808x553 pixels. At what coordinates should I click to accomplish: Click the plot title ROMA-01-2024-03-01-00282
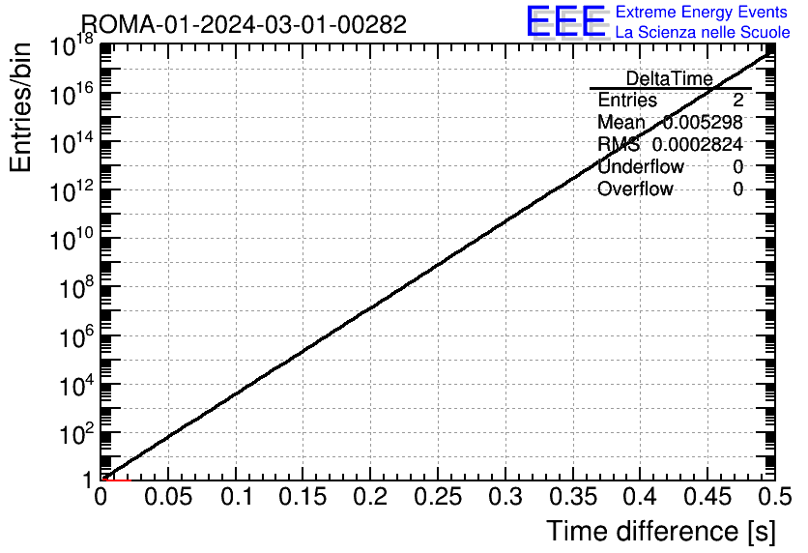pyautogui.click(x=245, y=24)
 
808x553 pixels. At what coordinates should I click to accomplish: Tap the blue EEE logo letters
pyautogui.click(x=566, y=21)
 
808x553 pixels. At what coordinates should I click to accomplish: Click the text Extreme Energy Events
pyautogui.click(x=702, y=12)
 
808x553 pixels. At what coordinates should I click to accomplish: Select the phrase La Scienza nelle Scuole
pyautogui.click(x=703, y=32)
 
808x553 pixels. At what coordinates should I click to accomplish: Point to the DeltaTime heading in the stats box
pyautogui.click(x=670, y=78)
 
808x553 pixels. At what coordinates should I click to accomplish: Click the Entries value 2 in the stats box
pyautogui.click(x=737, y=100)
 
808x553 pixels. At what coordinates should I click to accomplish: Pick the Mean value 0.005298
pyautogui.click(x=703, y=122)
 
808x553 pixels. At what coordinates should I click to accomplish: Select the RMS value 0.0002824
pyautogui.click(x=697, y=144)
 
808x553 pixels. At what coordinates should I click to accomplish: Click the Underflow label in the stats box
pyautogui.click(x=641, y=166)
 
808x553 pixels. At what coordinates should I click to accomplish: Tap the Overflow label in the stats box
pyautogui.click(x=635, y=189)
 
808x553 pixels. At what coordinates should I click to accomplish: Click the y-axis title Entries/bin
pyautogui.click(x=20, y=107)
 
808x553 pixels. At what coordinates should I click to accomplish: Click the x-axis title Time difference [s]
pyautogui.click(x=661, y=532)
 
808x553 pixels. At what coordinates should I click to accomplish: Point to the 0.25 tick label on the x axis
pyautogui.click(x=438, y=497)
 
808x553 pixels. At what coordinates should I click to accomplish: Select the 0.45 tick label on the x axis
pyautogui.click(x=707, y=497)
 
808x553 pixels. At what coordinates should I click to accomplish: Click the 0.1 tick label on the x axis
pyautogui.click(x=237, y=497)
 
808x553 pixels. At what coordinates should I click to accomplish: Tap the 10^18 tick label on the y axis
pyautogui.click(x=72, y=45)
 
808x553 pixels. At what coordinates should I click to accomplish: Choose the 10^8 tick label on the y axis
pyautogui.click(x=76, y=288)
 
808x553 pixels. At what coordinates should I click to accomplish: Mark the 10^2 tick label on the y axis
pyautogui.click(x=76, y=434)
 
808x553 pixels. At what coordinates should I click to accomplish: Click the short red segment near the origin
pyautogui.click(x=117, y=480)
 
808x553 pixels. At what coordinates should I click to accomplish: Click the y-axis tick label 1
pyautogui.click(x=89, y=480)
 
